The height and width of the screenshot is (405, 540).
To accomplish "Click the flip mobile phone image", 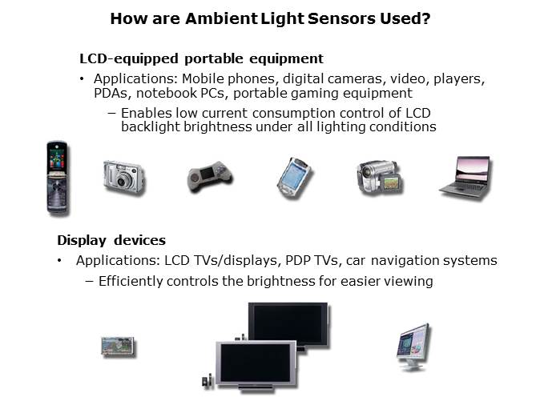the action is (58, 178).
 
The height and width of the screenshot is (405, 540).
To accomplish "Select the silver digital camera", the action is (124, 178).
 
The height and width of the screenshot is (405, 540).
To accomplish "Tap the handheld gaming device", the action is (210, 176).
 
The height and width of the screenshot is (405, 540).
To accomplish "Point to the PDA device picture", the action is (295, 178).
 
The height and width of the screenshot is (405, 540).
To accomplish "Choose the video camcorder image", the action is (380, 177).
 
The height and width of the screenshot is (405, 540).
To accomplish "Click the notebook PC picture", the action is (465, 178).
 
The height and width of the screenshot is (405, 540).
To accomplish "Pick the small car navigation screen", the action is (118, 347).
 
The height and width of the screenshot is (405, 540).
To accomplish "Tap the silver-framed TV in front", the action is (256, 365).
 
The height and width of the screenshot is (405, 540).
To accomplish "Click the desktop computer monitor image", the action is (413, 347).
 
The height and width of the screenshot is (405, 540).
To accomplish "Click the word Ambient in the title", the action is (221, 18).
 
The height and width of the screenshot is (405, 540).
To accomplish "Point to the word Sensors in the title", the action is (341, 18).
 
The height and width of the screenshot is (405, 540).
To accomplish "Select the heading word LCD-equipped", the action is (129, 59).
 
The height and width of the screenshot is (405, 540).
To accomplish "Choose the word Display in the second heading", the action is (82, 241).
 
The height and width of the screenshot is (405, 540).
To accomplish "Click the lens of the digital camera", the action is (123, 180).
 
